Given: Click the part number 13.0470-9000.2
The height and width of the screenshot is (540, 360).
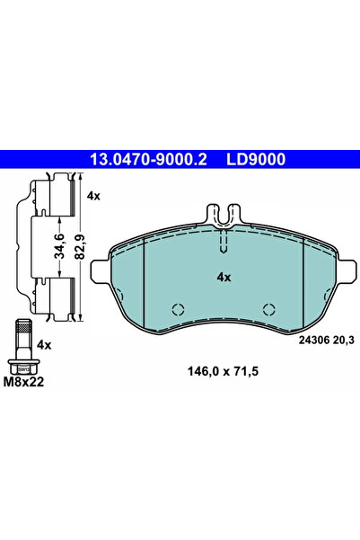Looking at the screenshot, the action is pos(148,159).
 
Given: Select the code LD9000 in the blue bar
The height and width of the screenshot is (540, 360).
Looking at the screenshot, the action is pos(255,159).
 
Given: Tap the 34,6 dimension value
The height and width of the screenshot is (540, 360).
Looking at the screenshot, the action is pos(60,246).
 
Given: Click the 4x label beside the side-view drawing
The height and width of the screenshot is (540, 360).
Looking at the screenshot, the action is pos(93,196).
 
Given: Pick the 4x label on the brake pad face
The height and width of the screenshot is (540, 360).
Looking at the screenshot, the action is pos(224,278).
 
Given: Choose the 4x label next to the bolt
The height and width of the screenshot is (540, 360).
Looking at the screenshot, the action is pos(44,345).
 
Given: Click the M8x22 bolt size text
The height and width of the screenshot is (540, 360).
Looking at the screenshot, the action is pos(23,382).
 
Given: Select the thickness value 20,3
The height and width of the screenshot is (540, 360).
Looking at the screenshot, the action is pos(343,341).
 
